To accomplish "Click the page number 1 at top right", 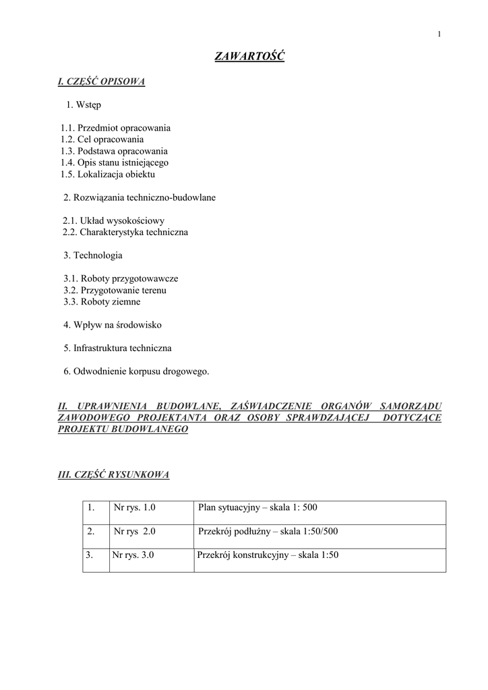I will point(439,34).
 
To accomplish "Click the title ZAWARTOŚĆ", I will point(249,57).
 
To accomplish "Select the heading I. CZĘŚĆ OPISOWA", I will point(102,82).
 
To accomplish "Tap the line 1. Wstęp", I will point(84,104).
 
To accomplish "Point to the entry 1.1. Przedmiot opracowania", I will point(115,127).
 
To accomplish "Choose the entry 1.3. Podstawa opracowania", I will point(114,151).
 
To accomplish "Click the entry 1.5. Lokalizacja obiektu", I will point(108,174).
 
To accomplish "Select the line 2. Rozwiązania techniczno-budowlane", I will point(140,197).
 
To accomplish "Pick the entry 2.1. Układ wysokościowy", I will point(114,220).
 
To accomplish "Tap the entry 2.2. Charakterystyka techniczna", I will point(125,232).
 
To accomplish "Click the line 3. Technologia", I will point(93,255).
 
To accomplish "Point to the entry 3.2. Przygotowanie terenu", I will point(115,290).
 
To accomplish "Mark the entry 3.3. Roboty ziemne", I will point(102,302).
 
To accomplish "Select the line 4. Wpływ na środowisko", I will point(113,325).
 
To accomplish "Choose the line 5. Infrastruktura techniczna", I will point(117,348).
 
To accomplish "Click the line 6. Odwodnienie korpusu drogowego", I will point(136,371).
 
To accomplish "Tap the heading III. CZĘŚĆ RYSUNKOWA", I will point(114,474).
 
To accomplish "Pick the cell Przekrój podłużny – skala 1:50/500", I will point(268,531).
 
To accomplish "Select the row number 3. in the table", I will point(89,555).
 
